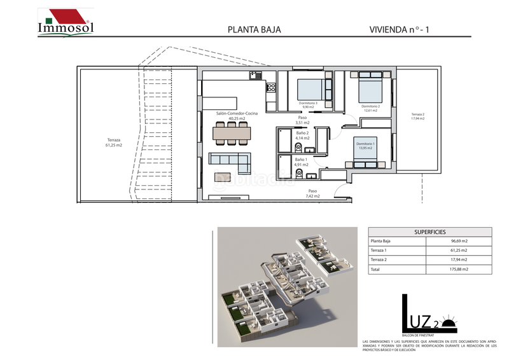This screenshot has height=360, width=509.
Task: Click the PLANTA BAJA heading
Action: pyautogui.click(x=254, y=29)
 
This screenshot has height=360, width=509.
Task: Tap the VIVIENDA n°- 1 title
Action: pyautogui.click(x=403, y=29)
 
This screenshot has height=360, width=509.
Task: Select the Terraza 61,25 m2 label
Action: pyautogui.click(x=115, y=142)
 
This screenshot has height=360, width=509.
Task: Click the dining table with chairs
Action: pyautogui.click(x=232, y=133)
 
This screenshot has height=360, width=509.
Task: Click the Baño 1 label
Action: pyautogui.click(x=301, y=162)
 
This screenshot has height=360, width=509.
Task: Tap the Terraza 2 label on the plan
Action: pyautogui.click(x=417, y=116)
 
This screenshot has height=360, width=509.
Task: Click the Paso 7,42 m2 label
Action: pyautogui.click(x=312, y=193)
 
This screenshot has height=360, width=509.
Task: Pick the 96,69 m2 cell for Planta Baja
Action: pyautogui.click(x=459, y=242)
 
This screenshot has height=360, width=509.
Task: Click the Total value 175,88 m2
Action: pyautogui.click(x=459, y=270)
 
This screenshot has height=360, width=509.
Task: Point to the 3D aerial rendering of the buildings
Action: pyautogui.click(x=283, y=286)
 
